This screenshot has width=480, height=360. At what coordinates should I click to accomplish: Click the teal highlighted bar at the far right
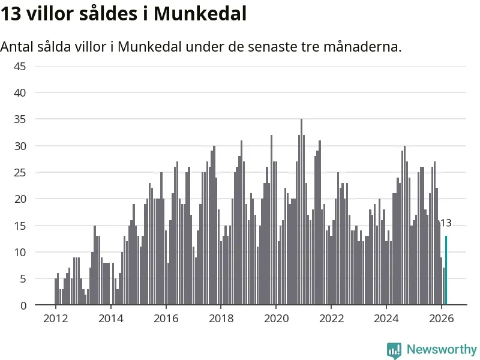pos(446,271)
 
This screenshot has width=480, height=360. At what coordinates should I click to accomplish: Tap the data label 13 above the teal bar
pos(445,223)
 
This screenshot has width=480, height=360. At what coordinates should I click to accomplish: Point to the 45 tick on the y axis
pos(20,66)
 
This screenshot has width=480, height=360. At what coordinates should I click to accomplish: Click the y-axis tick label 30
pos(20,146)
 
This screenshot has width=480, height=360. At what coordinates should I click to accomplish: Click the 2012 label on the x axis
pos(55,318)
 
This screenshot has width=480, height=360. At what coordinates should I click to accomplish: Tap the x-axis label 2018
pos(221,318)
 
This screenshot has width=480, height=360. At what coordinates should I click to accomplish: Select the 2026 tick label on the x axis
pos(442,318)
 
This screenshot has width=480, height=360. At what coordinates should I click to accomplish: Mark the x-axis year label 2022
pos(331,318)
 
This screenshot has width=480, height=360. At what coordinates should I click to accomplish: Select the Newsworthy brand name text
pos(442,349)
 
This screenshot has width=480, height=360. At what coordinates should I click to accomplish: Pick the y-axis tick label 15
pos(20,226)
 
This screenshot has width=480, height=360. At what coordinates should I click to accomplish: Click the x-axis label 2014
pos(110,318)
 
